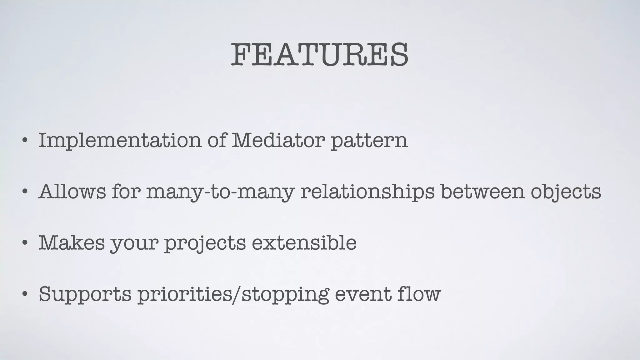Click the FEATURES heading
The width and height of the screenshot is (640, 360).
(x=319, y=55)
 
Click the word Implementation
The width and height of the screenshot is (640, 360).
(x=120, y=140)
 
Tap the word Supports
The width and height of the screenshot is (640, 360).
(x=85, y=294)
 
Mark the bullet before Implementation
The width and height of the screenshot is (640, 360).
(x=25, y=140)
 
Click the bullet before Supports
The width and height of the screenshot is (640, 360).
(x=25, y=294)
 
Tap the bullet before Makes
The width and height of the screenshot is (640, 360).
(x=25, y=242)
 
